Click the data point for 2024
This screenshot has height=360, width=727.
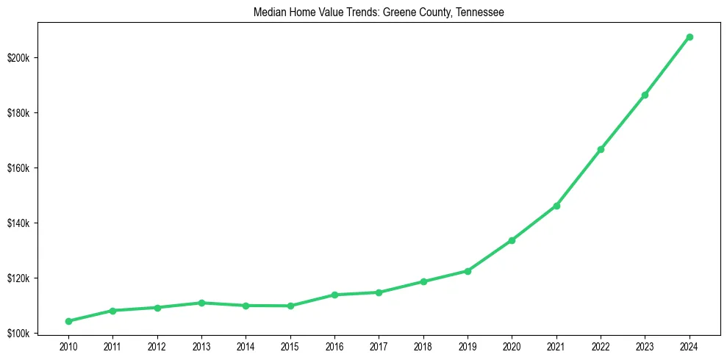click(x=690, y=37)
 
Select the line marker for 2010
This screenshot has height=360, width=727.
click(x=68, y=321)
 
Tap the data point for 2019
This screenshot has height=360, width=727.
click(x=468, y=271)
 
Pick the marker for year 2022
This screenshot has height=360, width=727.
click(x=601, y=149)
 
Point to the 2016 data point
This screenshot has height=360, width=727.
click(x=334, y=295)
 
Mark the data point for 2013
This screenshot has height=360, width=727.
click(x=201, y=303)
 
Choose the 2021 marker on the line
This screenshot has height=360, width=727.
click(x=556, y=206)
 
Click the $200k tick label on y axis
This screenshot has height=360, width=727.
click(x=18, y=58)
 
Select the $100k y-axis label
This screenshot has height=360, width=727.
click(x=18, y=334)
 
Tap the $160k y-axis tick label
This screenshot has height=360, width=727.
click(x=18, y=168)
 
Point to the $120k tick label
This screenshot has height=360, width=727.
click(x=18, y=278)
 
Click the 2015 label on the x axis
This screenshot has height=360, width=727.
click(x=290, y=346)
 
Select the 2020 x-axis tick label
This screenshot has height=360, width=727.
click(x=512, y=346)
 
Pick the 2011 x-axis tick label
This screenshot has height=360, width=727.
click(x=112, y=346)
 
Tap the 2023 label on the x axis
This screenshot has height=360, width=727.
click(x=645, y=346)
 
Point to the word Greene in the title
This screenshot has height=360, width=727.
click(x=398, y=12)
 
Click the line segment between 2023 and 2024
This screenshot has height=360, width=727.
click(x=667, y=65)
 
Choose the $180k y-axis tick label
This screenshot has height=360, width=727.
click(x=18, y=113)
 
